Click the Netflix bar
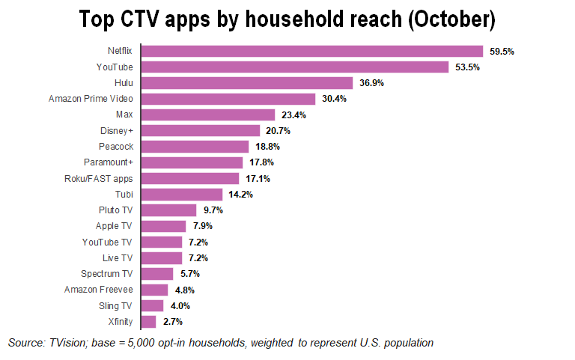point(312,51)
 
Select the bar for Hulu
point(247,83)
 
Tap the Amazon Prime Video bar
point(228,99)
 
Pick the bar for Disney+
point(201,130)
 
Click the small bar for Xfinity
point(149,322)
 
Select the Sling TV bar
point(153,305)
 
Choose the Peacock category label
point(116,147)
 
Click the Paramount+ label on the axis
point(109,162)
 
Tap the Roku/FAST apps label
point(100,179)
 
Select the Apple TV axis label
point(115,226)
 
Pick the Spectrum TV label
point(108,274)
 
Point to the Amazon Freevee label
point(99,290)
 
